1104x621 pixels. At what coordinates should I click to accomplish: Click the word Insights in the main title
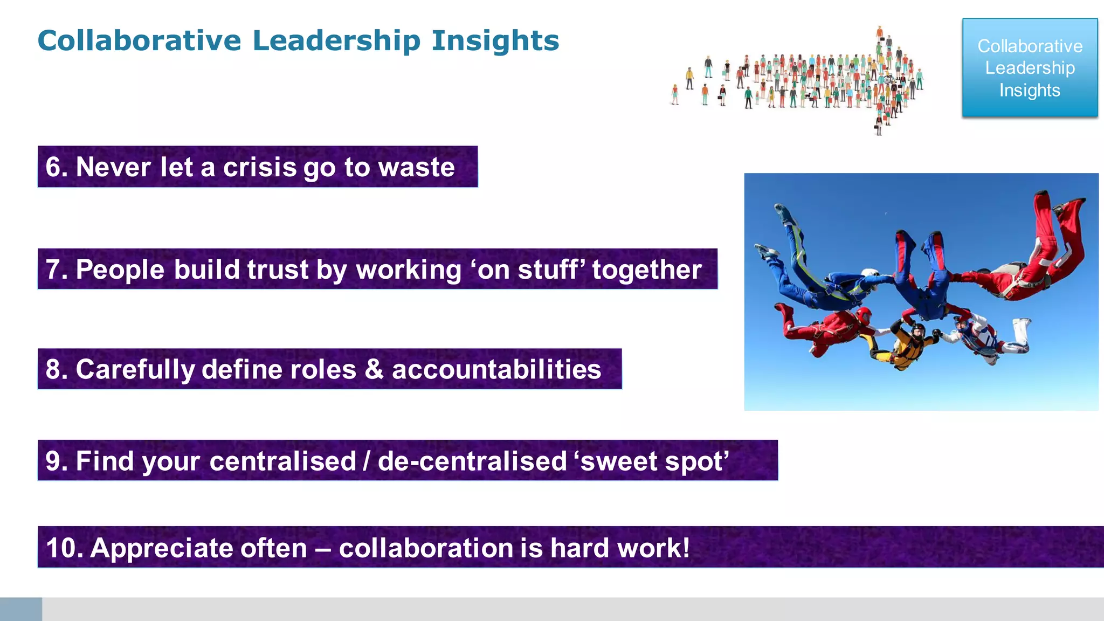pyautogui.click(x=495, y=41)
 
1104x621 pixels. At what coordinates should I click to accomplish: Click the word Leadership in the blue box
pyautogui.click(x=1030, y=68)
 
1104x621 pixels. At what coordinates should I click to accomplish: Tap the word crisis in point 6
pyautogui.click(x=259, y=167)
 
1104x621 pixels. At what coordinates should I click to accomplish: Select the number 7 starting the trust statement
pyautogui.click(x=53, y=270)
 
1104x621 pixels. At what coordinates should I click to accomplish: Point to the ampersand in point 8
pyautogui.click(x=374, y=369)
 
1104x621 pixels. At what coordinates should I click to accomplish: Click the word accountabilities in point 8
pyautogui.click(x=496, y=370)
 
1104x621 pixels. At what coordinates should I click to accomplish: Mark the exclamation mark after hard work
pyautogui.click(x=685, y=548)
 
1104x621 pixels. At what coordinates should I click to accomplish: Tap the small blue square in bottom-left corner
pyautogui.click(x=20, y=609)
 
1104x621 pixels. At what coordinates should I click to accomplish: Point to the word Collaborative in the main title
pyautogui.click(x=139, y=41)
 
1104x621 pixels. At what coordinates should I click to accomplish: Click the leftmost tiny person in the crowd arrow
pyautogui.click(x=675, y=95)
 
